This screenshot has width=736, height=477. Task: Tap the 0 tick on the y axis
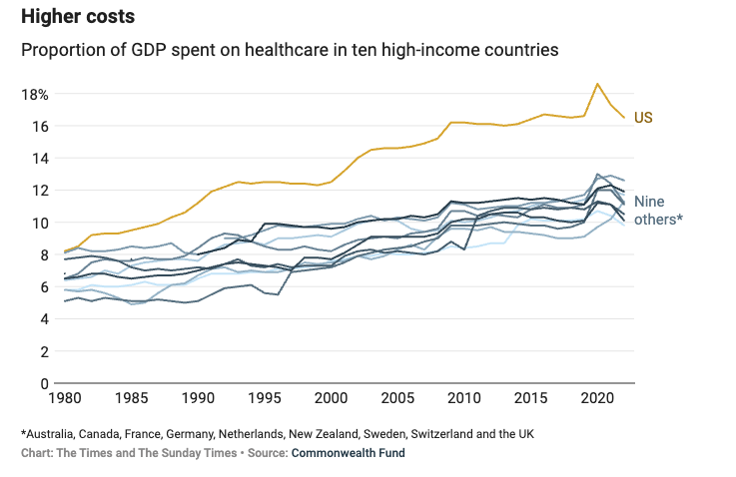[x=44, y=383]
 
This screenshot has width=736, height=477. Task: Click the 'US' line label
[x=643, y=118]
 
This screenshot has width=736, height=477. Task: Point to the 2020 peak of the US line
[x=597, y=84]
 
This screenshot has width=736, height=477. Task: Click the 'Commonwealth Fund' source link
[x=348, y=453]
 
